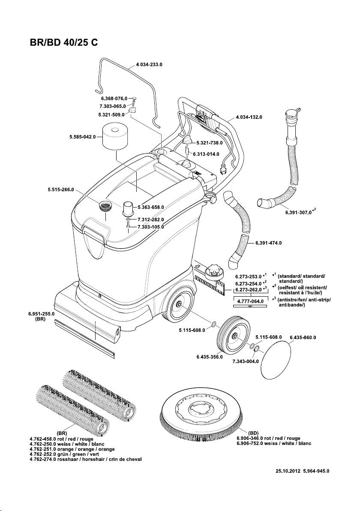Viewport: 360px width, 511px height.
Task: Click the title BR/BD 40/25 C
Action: coord(65,44)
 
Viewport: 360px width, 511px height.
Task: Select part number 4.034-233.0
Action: coord(150,65)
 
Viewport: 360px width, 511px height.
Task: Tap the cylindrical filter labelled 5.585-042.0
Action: coord(117,134)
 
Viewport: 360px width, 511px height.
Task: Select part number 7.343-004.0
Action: coord(246,361)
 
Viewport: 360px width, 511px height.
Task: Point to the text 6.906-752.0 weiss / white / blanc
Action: coord(274,443)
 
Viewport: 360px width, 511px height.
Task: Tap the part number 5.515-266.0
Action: coord(61,189)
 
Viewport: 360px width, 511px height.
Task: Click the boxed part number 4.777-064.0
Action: coord(250,301)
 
